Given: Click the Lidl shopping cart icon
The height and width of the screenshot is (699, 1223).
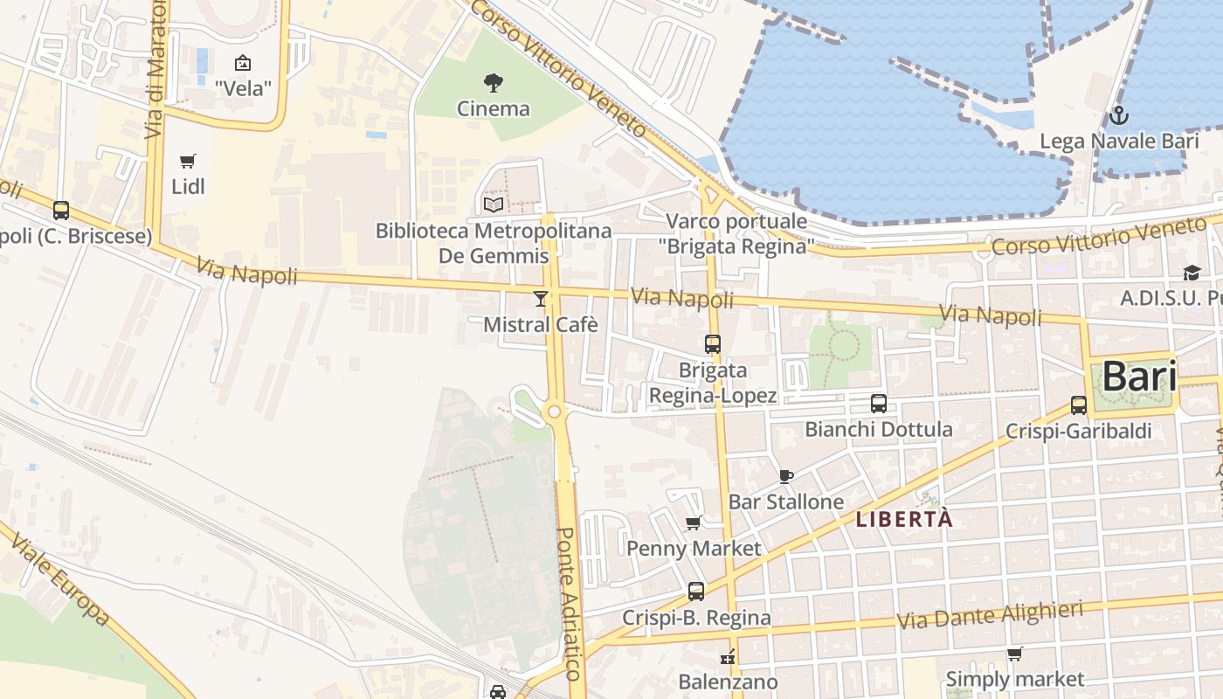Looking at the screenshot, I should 187,161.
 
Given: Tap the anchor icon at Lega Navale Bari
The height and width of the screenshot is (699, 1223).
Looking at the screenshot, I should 1118,115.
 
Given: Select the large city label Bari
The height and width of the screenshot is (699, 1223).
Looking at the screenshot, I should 1138,377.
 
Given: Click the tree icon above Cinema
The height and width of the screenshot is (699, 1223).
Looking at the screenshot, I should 493,83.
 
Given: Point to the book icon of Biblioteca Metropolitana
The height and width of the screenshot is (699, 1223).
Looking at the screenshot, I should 493,204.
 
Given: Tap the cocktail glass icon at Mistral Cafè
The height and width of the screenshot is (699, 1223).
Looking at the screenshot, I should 541,299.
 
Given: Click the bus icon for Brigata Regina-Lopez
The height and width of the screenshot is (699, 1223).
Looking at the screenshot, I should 713,344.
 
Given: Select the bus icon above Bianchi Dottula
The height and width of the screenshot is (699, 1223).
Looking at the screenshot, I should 878,404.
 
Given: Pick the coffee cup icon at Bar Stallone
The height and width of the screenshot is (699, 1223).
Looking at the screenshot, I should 785,476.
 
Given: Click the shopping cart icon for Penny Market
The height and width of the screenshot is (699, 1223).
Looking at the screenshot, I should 694,523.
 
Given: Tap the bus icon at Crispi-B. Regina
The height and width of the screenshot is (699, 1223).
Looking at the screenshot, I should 696,592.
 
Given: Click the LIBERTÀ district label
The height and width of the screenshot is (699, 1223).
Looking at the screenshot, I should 903,519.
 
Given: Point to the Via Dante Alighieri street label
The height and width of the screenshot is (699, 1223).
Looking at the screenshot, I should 990,615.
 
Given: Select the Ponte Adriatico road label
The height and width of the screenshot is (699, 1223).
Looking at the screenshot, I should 569,603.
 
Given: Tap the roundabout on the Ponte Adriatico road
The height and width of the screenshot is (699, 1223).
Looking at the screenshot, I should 554,411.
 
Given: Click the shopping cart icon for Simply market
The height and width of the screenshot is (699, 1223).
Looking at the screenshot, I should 1014,654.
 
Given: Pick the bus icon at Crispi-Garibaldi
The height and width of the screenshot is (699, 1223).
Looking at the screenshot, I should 1079,405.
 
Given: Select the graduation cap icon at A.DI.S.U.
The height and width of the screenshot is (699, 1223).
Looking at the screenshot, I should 1192,273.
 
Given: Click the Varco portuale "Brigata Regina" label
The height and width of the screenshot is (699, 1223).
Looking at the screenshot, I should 736,232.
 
